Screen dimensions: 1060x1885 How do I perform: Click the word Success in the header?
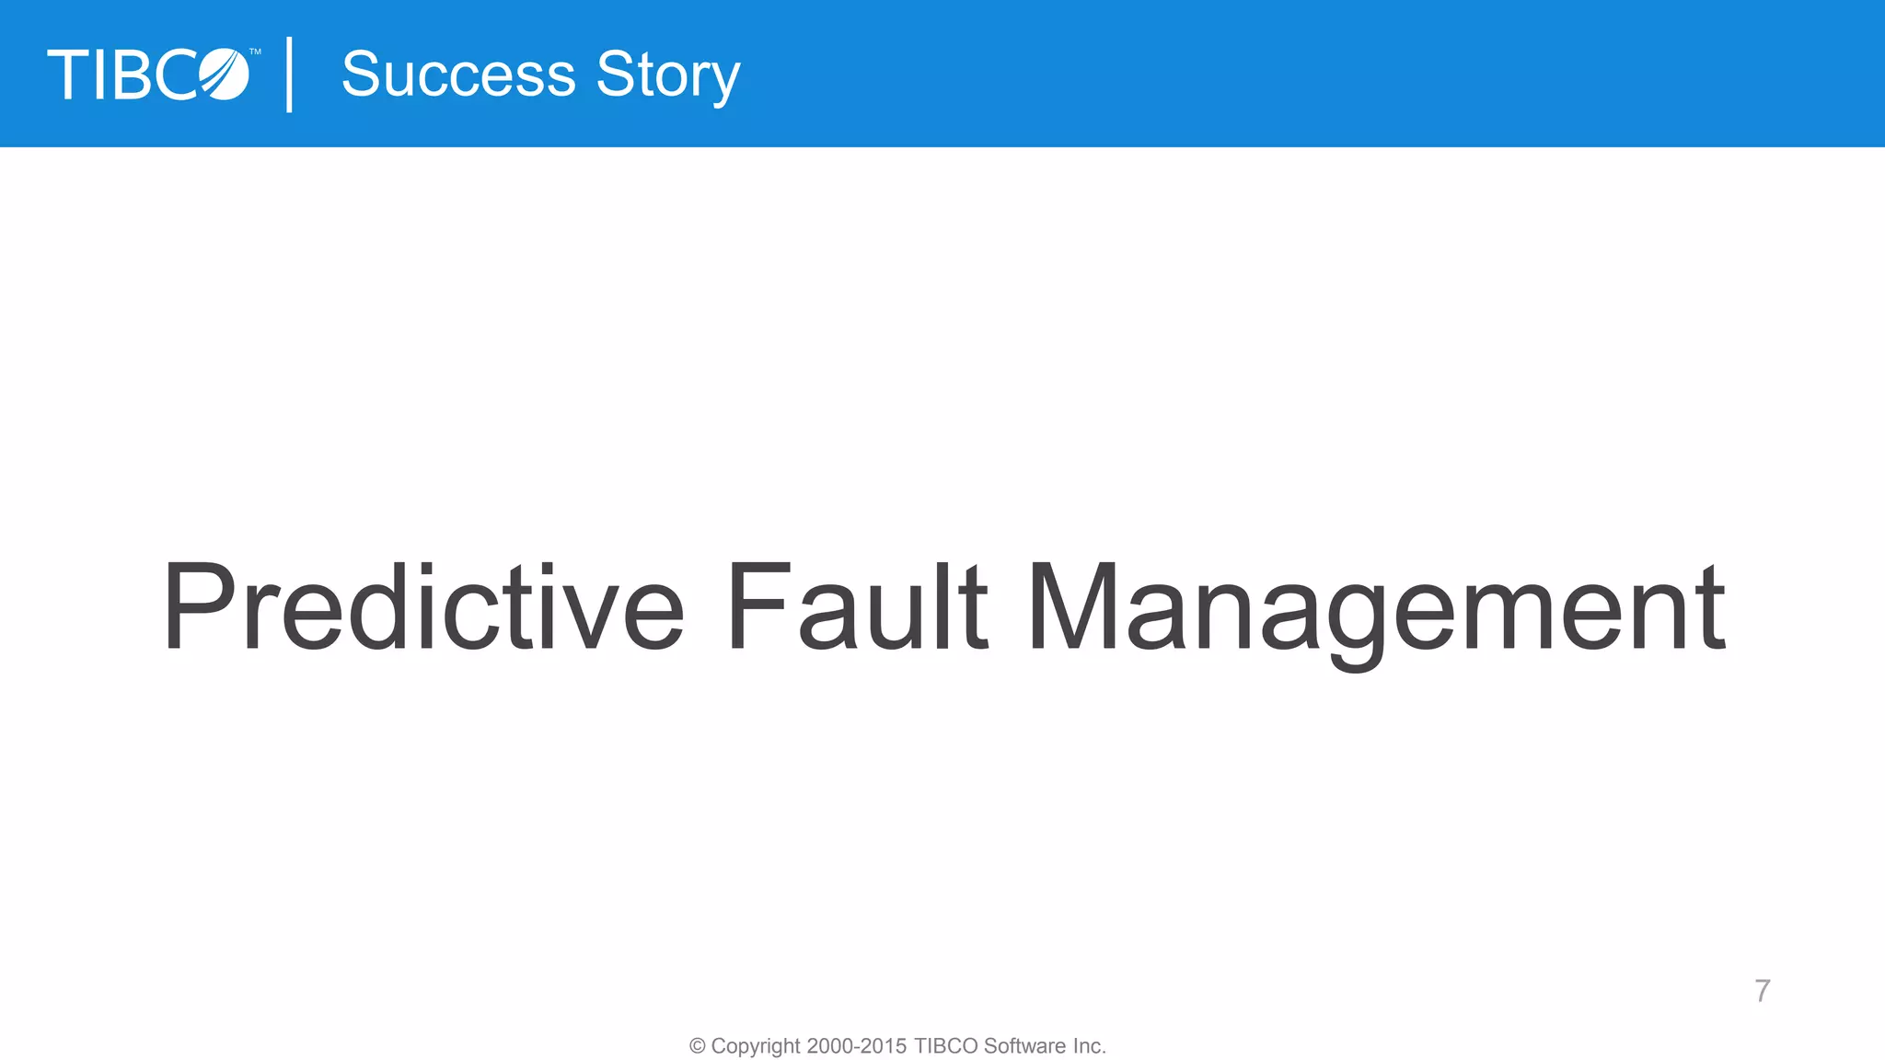tap(457, 75)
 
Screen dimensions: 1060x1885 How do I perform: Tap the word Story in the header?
tap(667, 76)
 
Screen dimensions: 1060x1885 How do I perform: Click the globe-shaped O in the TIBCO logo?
tap(225, 75)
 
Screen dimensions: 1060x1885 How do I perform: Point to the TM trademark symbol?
tap(255, 52)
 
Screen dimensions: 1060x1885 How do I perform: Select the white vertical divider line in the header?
tap(290, 75)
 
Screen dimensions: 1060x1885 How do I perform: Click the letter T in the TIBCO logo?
tap(68, 75)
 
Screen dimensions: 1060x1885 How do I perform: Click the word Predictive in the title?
tap(423, 607)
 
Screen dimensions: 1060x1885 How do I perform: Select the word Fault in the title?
tap(856, 607)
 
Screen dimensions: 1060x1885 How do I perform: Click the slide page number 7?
tap(1762, 991)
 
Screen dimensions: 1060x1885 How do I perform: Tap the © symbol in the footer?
tap(698, 1046)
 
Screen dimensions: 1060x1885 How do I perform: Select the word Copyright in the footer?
tap(756, 1047)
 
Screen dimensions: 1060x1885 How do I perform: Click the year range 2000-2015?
tap(856, 1046)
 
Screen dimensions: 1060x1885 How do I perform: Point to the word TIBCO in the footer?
tap(945, 1046)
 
